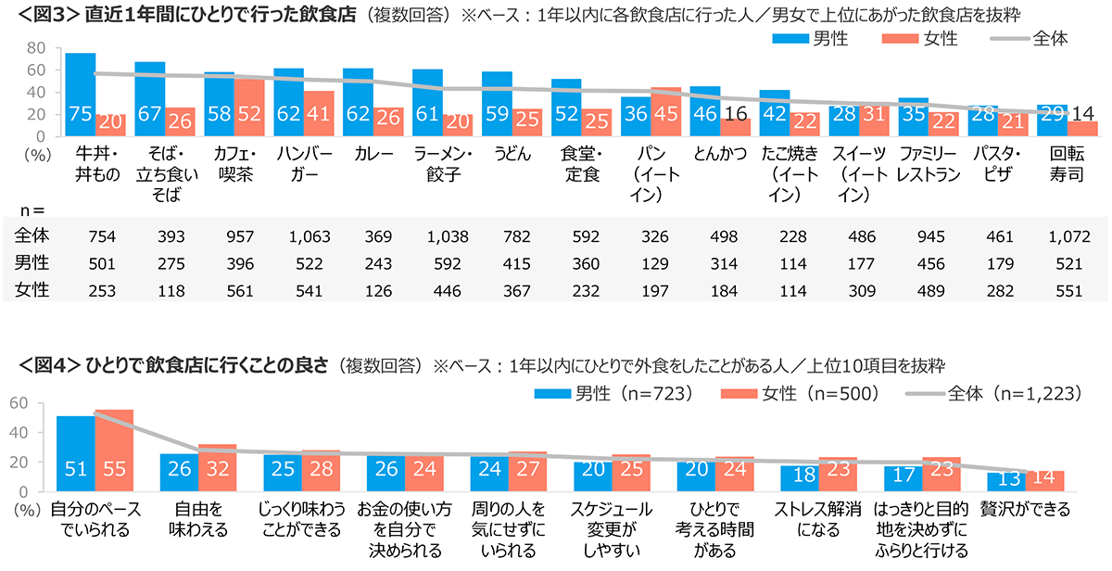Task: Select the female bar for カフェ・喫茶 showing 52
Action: point(249,108)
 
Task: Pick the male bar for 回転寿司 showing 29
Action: point(1053,121)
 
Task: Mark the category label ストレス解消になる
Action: point(815,520)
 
